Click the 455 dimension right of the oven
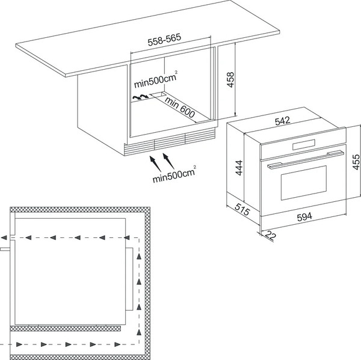click(355, 162)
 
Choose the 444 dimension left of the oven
click(238, 166)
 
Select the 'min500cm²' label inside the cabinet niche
click(155, 78)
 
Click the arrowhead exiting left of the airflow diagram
click(4, 237)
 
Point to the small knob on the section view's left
click(5, 246)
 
